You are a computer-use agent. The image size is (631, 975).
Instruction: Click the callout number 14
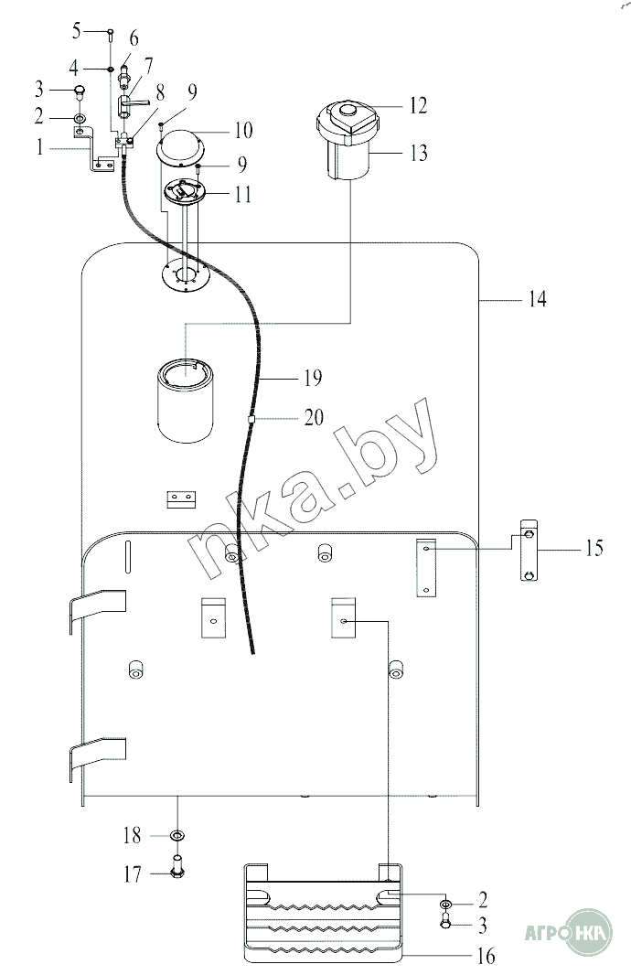coord(538,299)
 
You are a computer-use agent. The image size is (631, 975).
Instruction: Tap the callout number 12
coord(419,106)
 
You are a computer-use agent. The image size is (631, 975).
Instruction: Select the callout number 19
coord(313,378)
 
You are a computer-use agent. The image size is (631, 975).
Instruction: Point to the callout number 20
coord(314,417)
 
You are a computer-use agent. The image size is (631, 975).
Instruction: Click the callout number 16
coord(487,955)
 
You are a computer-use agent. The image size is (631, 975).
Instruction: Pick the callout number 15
coord(594,548)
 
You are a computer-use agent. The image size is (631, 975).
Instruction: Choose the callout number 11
coord(243,195)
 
